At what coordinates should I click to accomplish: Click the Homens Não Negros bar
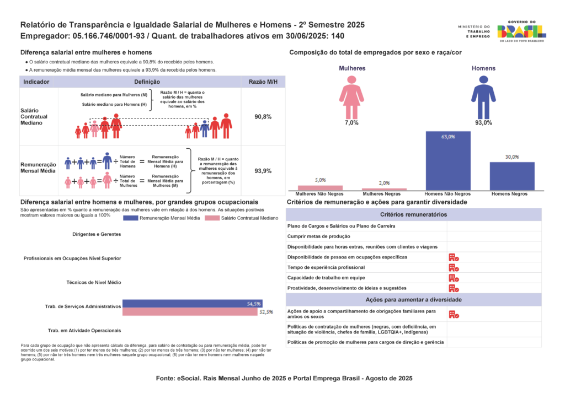[448, 160]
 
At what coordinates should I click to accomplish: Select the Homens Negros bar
[512, 176]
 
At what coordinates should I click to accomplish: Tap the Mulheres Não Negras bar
[320, 188]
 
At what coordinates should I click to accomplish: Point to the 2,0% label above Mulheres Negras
[384, 183]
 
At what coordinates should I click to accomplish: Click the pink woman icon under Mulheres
[351, 97]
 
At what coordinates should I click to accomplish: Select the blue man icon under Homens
[483, 97]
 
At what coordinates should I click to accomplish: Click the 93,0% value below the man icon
[483, 123]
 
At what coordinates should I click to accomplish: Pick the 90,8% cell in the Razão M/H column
[263, 117]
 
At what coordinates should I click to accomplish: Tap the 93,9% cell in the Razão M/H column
[263, 171]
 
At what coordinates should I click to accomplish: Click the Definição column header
[147, 82]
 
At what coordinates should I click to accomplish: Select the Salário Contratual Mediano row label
[34, 117]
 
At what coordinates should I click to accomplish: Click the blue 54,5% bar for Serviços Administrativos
[193, 304]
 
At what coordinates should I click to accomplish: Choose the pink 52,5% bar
[190, 311]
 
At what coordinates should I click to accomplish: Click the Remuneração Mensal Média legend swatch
[130, 218]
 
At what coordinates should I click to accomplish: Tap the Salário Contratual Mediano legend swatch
[212, 218]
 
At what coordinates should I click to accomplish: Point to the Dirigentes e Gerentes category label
[97, 234]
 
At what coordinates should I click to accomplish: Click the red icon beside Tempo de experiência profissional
[454, 268]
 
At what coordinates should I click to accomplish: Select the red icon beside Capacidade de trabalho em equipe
[454, 278]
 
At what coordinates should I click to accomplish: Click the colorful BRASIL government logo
[521, 31]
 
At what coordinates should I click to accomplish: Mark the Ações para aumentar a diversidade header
[414, 300]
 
